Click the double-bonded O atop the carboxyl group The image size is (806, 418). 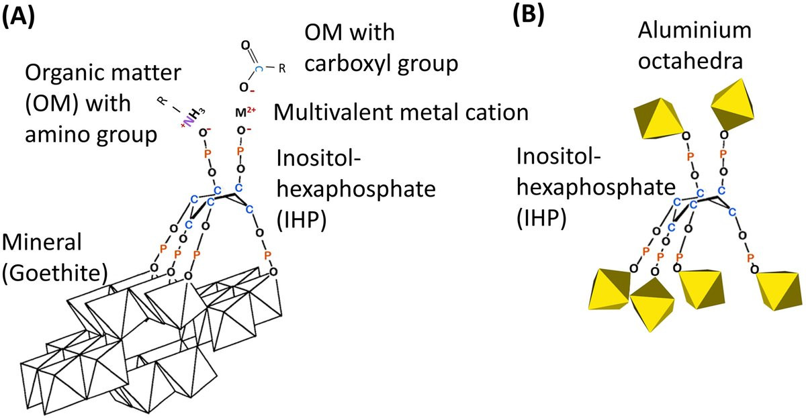click(x=245, y=46)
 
